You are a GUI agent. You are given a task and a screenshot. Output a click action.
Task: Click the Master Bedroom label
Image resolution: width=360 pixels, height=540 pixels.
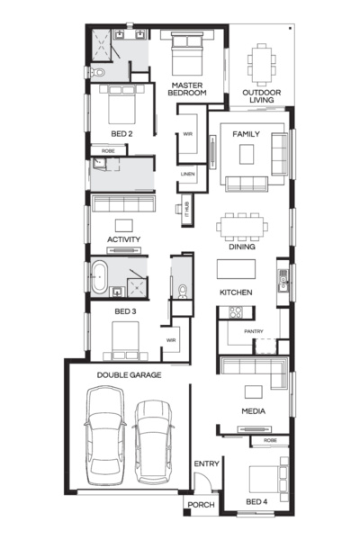click(x=187, y=89)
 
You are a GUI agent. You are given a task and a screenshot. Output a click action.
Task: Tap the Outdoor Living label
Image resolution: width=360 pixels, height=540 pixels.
click(x=262, y=96)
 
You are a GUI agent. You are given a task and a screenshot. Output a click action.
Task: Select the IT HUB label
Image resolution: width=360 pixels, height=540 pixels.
click(x=187, y=209)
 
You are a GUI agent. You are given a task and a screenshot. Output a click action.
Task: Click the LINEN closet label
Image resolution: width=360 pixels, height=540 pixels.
click(x=188, y=174)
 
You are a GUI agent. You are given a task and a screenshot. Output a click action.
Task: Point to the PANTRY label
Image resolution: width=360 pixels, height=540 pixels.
click(x=254, y=331)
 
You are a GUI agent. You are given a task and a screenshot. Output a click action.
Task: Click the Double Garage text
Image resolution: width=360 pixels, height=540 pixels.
click(x=129, y=375)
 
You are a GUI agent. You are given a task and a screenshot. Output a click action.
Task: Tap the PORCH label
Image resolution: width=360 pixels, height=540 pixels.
click(x=202, y=505)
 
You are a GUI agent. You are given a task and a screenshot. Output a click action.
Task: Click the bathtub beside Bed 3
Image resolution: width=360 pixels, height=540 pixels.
click(x=99, y=277)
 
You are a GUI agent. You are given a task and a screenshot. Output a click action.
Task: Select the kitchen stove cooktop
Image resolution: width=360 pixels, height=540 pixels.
click(x=236, y=312)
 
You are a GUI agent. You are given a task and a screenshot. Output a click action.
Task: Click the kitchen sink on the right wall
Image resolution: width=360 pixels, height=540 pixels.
click(x=283, y=281)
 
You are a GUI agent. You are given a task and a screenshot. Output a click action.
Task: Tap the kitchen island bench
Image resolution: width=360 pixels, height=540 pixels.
click(x=236, y=269)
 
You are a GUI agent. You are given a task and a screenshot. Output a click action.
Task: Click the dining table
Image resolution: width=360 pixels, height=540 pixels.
click(x=242, y=227)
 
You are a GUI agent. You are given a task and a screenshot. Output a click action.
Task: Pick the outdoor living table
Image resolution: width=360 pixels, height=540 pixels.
click(x=262, y=65)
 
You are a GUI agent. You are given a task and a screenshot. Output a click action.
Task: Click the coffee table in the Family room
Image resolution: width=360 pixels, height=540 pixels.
click(x=247, y=154)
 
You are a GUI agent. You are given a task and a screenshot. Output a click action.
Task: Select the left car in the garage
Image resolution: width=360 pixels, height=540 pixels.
click(x=105, y=435)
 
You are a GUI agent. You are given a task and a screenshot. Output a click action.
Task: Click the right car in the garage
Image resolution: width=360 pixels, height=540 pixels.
click(x=153, y=442)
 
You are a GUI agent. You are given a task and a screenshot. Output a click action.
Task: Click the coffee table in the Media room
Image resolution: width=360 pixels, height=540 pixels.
click(x=254, y=391)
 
